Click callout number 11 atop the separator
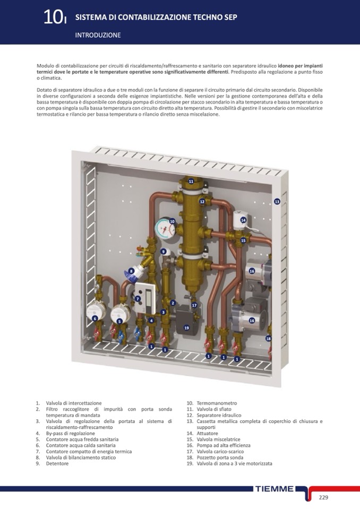(191, 182)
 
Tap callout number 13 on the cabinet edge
(277, 202)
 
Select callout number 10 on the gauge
(173, 221)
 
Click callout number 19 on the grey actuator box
(187, 328)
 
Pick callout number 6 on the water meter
(95, 318)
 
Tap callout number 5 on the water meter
(119, 321)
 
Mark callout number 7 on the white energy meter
(138, 299)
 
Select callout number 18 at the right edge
(268, 339)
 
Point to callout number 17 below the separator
(194, 305)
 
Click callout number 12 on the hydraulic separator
(202, 202)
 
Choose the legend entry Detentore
(57, 463)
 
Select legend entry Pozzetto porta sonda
(220, 458)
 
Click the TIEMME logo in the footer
(275, 489)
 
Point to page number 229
(324, 497)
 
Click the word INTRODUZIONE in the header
(98, 35)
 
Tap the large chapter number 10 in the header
(53, 17)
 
